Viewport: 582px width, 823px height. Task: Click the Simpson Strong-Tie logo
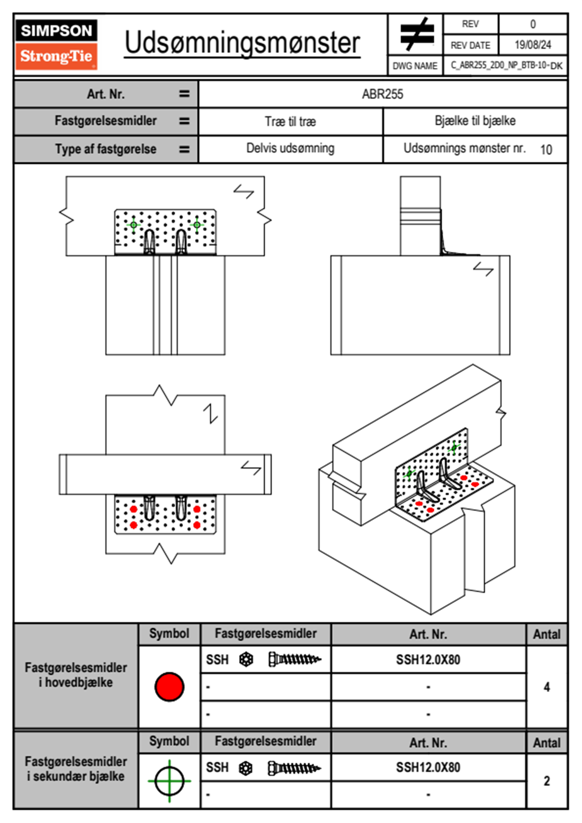(x=56, y=44)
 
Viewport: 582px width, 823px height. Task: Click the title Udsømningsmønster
(x=242, y=43)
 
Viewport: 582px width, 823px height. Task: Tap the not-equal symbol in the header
(x=416, y=34)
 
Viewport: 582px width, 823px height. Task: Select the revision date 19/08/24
(x=533, y=45)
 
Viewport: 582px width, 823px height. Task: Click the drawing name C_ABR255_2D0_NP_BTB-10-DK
(x=506, y=66)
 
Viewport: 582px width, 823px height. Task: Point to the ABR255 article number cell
(x=382, y=94)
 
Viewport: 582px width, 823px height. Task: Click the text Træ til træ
(x=290, y=121)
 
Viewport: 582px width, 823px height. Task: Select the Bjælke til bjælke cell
(x=475, y=121)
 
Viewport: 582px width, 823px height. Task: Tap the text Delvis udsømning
(x=290, y=148)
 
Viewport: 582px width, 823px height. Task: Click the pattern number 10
(x=546, y=150)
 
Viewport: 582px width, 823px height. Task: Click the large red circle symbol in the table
(x=169, y=686)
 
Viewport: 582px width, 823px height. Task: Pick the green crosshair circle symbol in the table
(x=169, y=781)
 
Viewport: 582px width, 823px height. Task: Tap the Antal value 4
(x=546, y=687)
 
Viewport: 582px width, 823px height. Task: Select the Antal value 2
(x=546, y=781)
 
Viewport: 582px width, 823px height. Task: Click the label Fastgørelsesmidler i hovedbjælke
(x=76, y=675)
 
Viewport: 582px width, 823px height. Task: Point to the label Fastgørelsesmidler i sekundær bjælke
(x=76, y=769)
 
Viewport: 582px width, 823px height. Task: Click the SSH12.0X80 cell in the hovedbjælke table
(x=428, y=660)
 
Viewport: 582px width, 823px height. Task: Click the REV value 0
(x=533, y=24)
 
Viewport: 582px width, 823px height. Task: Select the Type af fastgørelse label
(x=106, y=149)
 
